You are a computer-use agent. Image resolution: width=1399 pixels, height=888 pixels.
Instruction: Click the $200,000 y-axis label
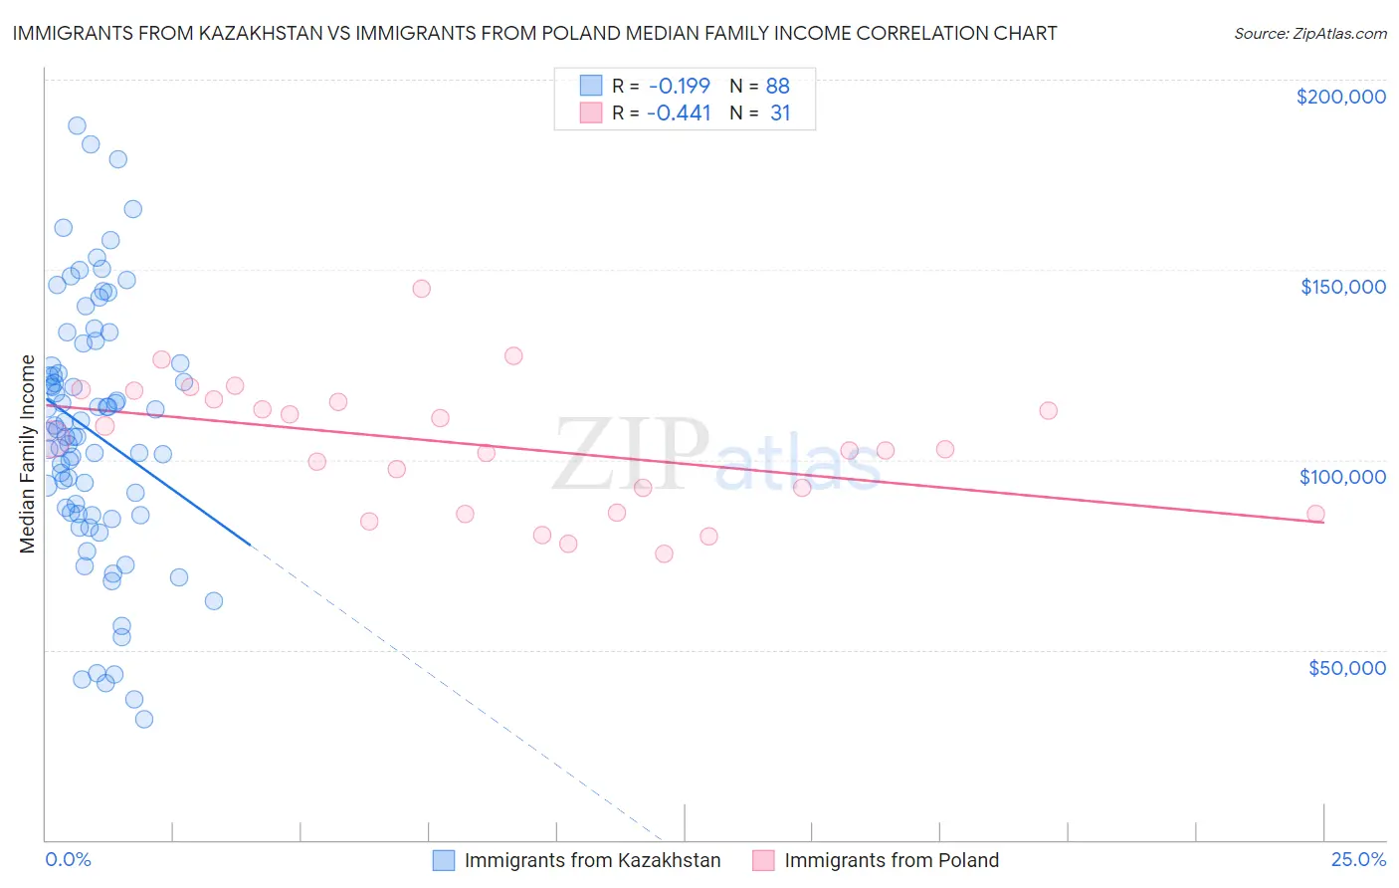1340,97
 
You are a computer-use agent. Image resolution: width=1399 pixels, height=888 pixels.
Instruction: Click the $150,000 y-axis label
1342,287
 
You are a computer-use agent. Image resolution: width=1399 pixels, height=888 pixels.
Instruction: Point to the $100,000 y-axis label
1342,477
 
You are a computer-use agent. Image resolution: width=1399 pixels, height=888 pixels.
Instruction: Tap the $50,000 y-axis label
1346,667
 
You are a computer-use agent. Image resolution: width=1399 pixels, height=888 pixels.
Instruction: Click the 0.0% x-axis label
68,859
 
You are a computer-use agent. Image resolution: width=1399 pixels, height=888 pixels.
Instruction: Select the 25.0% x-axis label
1358,859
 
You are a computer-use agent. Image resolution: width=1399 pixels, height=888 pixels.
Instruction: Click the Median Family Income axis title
27,454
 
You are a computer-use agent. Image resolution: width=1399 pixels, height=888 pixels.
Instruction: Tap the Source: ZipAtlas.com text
1309,33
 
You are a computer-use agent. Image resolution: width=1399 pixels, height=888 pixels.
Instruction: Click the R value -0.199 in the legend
679,86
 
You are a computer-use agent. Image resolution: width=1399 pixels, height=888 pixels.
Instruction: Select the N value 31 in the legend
780,113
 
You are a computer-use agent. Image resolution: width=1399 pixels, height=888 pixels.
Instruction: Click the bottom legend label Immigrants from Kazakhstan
592,860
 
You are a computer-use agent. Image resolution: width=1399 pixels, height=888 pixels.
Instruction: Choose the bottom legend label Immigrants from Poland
891,860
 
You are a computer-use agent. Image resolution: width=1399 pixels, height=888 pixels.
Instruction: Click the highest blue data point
77,125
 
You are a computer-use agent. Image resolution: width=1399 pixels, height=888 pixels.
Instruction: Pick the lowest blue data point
144,719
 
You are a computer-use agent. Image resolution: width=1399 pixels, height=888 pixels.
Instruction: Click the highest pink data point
421,289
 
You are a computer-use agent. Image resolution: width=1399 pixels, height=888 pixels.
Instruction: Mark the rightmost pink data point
1315,514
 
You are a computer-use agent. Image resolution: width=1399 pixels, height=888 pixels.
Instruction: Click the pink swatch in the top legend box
591,113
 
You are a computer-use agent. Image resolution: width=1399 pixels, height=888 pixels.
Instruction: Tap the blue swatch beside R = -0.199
591,86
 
